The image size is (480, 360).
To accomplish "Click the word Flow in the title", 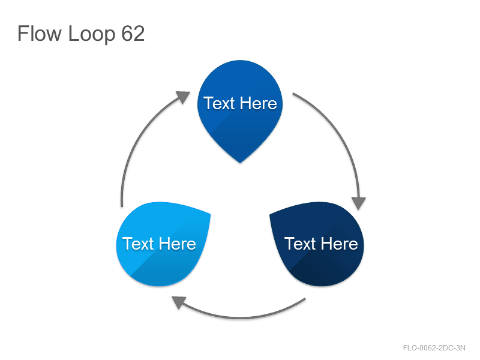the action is (40, 34).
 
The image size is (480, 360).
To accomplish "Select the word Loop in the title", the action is (92, 34).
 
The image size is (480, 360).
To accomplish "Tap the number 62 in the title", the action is (133, 34).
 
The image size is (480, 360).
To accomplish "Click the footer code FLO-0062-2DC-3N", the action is (434, 348).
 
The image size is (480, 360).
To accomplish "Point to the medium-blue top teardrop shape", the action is (240, 107).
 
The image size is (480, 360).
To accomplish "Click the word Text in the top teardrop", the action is (218, 103).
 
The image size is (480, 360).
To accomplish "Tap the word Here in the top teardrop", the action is (258, 103).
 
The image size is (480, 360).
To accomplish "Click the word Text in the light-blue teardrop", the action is (138, 244).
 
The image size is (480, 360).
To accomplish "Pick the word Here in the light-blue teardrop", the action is (177, 244).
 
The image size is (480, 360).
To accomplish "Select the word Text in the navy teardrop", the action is (300, 244).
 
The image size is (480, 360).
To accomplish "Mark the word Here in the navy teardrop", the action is (339, 244).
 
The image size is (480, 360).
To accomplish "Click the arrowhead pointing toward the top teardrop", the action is (184, 97).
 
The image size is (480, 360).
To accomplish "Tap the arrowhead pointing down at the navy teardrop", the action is (359, 203).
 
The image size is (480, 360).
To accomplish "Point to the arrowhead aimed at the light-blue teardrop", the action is (179, 302).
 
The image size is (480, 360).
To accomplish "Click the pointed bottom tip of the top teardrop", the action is (240, 163).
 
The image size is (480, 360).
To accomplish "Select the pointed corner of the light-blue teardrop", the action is (210, 214).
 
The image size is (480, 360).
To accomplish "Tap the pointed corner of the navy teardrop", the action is (269, 215).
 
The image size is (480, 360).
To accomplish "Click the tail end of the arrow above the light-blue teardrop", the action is (122, 206).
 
